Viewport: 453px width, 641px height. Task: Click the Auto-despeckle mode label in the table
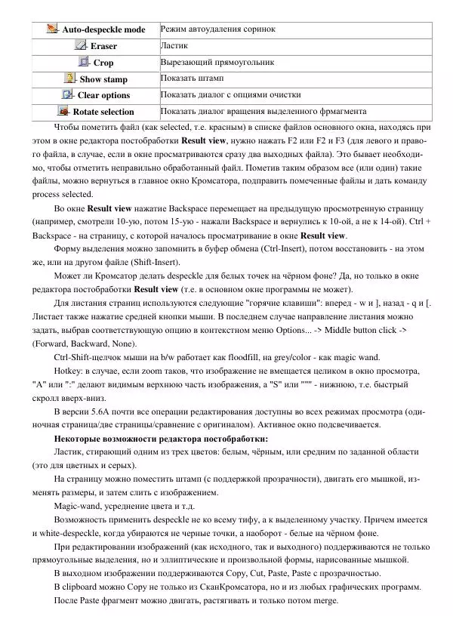click(x=103, y=30)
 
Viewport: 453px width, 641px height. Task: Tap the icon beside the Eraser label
click(x=81, y=46)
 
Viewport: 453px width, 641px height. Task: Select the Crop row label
click(x=103, y=63)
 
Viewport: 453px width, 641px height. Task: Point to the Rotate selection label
click(x=103, y=112)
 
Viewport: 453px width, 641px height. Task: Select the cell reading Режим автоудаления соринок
click(x=217, y=29)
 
